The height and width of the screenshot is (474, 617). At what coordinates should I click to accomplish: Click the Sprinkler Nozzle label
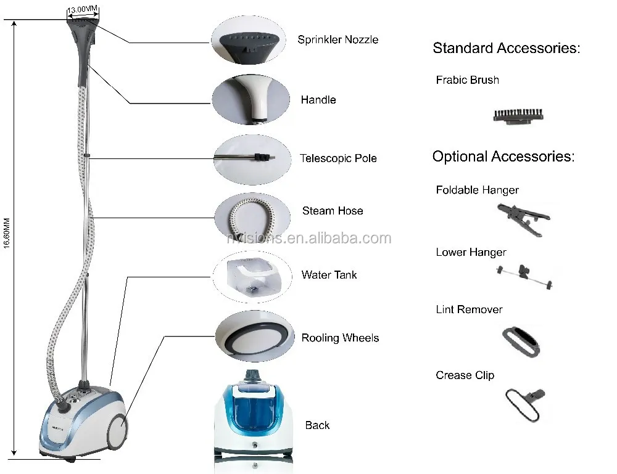[337, 39]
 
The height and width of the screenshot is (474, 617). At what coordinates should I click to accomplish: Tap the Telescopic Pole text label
[338, 158]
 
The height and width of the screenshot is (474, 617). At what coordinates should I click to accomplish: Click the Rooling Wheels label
[340, 338]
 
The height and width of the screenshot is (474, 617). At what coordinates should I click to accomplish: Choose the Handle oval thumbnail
[251, 98]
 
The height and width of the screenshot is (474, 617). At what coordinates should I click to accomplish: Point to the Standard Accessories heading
[506, 48]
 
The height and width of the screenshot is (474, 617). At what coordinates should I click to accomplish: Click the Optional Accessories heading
[503, 157]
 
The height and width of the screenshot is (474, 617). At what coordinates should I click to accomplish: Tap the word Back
[317, 425]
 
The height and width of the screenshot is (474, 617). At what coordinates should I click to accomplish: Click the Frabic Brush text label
[467, 80]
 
